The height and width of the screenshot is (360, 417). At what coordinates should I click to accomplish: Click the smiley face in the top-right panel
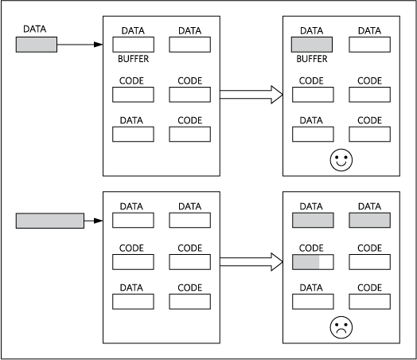(341, 159)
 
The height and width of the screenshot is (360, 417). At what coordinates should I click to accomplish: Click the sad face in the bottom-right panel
(341, 327)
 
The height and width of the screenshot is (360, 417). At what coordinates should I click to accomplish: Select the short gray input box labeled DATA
(37, 45)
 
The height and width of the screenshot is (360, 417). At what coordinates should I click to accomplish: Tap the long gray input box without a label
(49, 220)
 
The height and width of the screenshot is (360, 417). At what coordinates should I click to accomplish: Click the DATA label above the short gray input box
(35, 29)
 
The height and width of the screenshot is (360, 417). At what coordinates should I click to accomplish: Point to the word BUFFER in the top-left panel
(134, 59)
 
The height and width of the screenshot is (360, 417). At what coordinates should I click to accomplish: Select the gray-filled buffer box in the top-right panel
(313, 45)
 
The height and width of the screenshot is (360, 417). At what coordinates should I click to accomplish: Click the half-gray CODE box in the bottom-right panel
(313, 262)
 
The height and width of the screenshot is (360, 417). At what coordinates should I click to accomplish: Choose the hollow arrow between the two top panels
(251, 95)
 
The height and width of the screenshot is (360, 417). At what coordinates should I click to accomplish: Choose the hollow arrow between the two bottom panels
(251, 261)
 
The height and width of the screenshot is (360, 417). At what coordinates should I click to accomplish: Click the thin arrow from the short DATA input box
(80, 45)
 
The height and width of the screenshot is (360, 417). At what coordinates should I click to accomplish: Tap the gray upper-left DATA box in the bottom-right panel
(313, 221)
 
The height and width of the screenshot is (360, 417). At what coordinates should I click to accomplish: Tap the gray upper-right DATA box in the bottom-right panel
(369, 221)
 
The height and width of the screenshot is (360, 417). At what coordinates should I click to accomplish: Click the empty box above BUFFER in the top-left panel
(133, 45)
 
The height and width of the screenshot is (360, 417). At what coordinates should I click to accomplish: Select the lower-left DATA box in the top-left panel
(133, 135)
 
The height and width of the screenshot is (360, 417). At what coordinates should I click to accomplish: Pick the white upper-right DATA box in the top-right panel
(369, 45)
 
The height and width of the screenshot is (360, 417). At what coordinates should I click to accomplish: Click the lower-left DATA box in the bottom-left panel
(133, 302)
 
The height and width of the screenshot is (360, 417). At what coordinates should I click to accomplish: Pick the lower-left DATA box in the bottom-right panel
(313, 302)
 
